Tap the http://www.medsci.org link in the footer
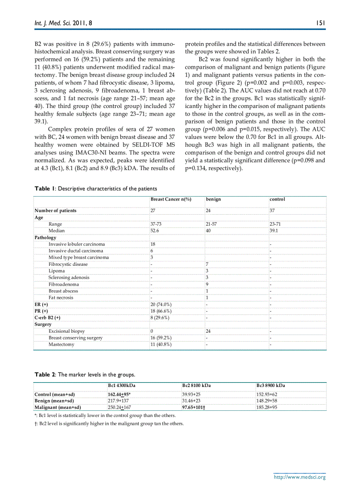(x=300, y=477)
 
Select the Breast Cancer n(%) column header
(x=171, y=199)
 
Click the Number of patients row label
(x=56, y=211)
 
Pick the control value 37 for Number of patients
(x=272, y=211)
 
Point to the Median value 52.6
(x=155, y=231)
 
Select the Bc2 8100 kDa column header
(x=196, y=386)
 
